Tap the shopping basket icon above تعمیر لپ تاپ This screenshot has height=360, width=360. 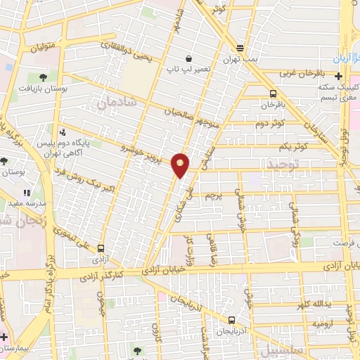coord(188,59)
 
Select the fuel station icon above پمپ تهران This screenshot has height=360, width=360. coord(240,48)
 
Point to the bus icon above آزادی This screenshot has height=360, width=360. coord(101,248)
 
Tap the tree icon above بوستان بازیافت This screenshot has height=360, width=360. coord(43,77)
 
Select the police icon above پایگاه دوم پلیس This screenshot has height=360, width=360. coord(63,131)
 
